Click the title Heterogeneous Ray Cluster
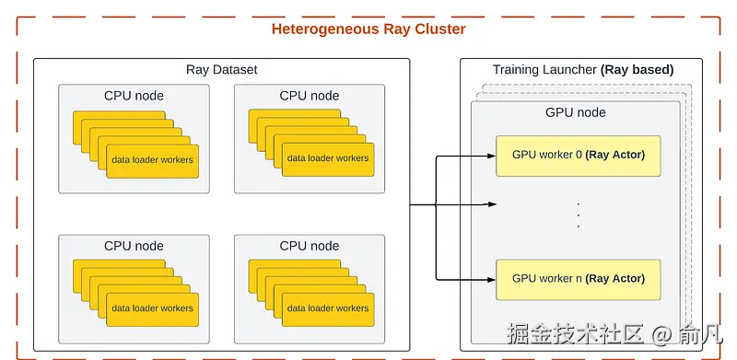368,29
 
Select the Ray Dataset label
221,70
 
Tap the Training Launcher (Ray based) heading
583,70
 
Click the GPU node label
576,112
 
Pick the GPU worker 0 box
578,155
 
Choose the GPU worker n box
578,279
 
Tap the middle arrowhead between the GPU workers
492,205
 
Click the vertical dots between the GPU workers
578,215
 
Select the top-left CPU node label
134,96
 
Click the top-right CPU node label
310,96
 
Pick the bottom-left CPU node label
134,246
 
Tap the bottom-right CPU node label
310,246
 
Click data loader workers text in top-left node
153,159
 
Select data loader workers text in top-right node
328,158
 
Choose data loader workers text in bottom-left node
153,309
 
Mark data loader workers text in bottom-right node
328,309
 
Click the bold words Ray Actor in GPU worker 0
615,155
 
